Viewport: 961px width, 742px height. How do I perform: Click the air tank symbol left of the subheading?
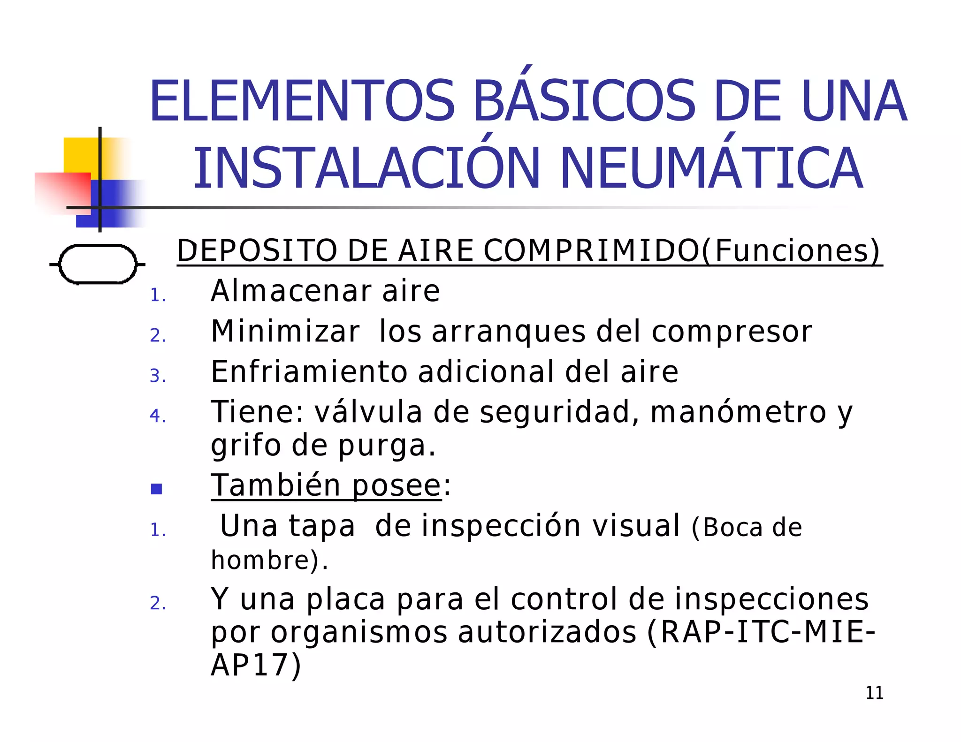point(98,264)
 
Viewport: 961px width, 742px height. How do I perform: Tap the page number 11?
point(874,693)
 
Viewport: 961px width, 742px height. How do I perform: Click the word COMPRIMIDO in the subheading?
point(592,250)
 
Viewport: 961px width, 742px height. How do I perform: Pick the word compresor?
point(732,332)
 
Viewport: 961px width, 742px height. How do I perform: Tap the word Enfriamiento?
point(309,372)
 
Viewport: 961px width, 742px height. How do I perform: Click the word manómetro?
point(738,412)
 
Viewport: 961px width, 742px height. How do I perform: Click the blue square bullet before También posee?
point(157,489)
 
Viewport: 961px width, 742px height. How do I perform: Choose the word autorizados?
point(547,632)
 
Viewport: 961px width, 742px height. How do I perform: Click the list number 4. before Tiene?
point(158,416)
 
